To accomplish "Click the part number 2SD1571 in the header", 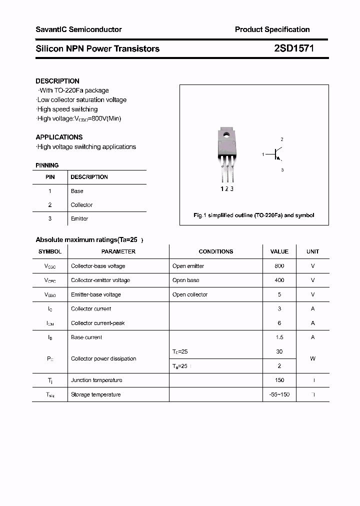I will [294, 48].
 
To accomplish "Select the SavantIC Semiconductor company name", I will [78, 29].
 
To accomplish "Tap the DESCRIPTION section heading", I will [57, 81].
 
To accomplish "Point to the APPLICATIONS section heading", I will [59, 137].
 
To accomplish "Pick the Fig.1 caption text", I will [254, 215].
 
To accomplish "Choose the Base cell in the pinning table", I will [77, 191].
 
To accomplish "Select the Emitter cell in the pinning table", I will [79, 218].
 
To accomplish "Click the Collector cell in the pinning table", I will [81, 205].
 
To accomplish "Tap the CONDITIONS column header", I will [216, 251].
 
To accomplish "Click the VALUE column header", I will [279, 251].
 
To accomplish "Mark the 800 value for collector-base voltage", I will [279, 266].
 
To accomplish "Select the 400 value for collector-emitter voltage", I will [279, 280].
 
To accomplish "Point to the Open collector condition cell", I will [190, 294].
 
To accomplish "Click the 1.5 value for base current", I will [279, 337].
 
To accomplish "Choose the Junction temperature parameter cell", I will [96, 380].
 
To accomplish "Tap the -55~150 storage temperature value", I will [279, 394].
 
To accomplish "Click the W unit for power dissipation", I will [313, 358].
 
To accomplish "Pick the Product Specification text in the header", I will [272, 29].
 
